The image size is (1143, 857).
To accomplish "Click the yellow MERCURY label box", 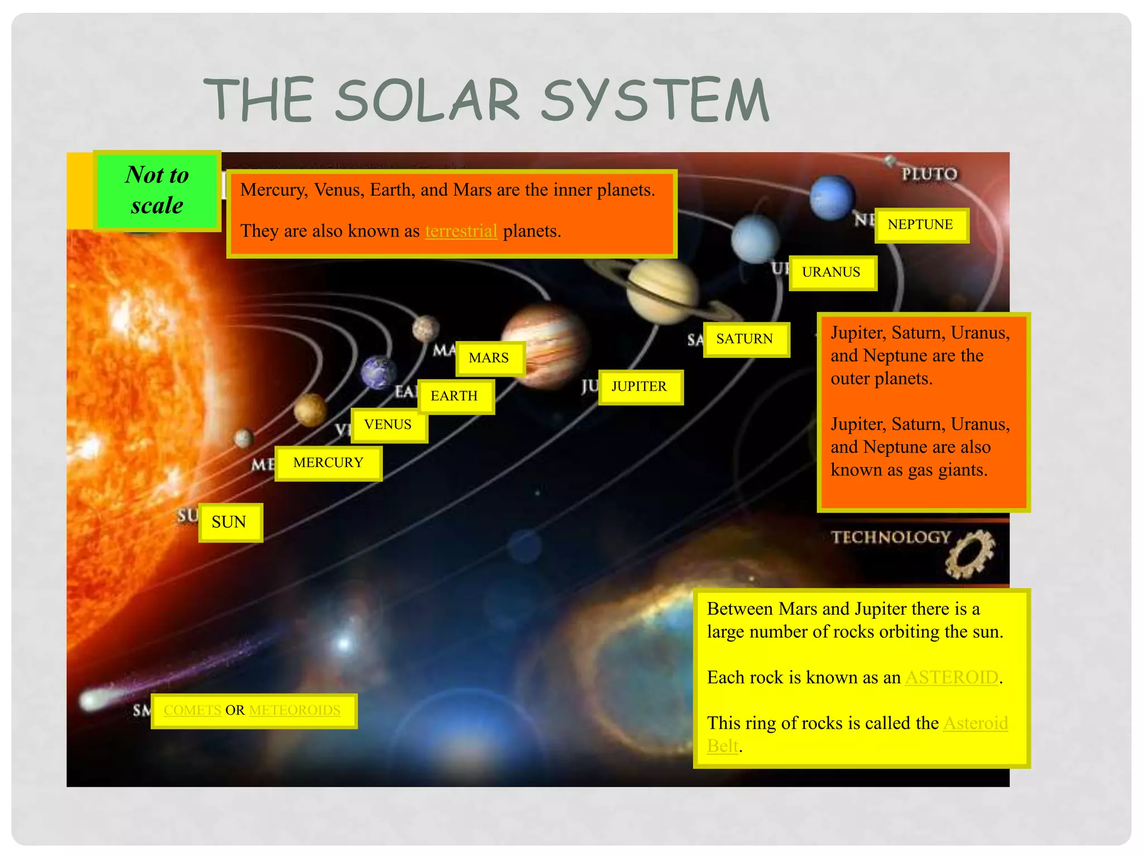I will (328, 463).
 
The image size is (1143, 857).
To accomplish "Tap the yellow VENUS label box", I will (389, 425).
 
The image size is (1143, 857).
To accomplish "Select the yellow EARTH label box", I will (455, 396).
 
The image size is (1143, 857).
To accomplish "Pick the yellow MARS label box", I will (489, 358).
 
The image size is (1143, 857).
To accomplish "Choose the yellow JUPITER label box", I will (640, 387).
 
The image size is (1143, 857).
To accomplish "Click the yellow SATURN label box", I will (746, 339).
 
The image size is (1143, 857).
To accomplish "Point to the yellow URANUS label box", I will (832, 273).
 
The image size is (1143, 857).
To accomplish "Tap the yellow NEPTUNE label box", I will (921, 225).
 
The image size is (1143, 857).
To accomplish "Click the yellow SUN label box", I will (230, 522).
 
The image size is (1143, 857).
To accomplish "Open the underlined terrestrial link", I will (461, 231).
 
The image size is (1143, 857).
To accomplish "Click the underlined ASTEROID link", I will (952, 677).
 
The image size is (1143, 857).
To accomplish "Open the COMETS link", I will (193, 710).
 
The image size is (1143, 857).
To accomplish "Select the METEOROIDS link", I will (295, 710).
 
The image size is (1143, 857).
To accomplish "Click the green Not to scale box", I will (157, 190).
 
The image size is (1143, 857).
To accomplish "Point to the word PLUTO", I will (929, 174).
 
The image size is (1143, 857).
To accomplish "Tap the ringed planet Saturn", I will (662, 291).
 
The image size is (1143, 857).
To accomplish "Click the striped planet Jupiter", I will (546, 346).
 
